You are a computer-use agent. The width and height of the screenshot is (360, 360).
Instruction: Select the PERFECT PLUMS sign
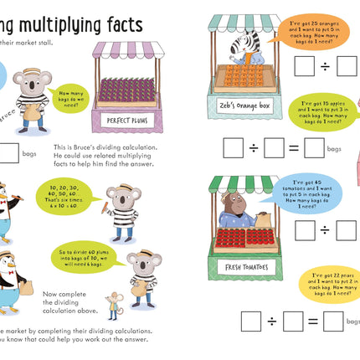point(126,120)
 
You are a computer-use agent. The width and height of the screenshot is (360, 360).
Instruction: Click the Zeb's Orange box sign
point(229,107)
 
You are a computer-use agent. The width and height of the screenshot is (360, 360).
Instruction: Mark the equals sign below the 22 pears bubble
point(311,321)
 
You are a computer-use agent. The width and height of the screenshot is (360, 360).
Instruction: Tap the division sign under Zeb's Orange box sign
point(253,148)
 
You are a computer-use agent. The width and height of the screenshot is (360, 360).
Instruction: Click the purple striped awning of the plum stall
point(126,50)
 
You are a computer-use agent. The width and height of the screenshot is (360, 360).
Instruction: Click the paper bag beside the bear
point(265,219)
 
